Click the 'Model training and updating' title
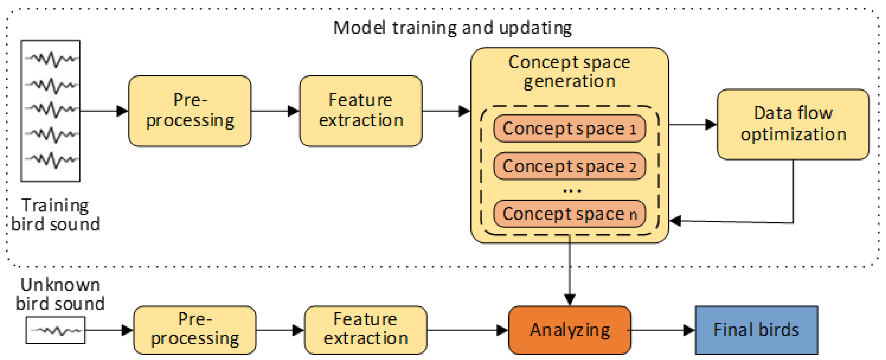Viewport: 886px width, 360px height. coord(452,28)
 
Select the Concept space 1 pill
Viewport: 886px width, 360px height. coord(569,129)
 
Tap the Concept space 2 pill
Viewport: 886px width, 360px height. coord(569,166)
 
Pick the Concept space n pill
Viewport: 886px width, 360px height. coord(569,214)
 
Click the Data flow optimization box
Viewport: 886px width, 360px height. coord(793,124)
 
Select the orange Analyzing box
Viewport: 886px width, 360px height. coord(569,330)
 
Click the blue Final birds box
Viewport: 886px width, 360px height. coord(756,330)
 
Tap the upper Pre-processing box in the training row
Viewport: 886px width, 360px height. coord(190,111)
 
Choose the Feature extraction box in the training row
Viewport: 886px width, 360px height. coord(361,111)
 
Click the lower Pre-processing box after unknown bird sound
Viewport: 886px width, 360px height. coord(195,330)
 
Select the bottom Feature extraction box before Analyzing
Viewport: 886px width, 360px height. coord(366,330)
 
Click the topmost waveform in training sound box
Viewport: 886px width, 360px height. coord(52,59)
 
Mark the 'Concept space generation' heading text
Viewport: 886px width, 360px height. coord(569,71)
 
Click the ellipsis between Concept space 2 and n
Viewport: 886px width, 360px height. coord(572,190)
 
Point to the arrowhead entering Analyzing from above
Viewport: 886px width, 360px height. coord(570,299)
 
